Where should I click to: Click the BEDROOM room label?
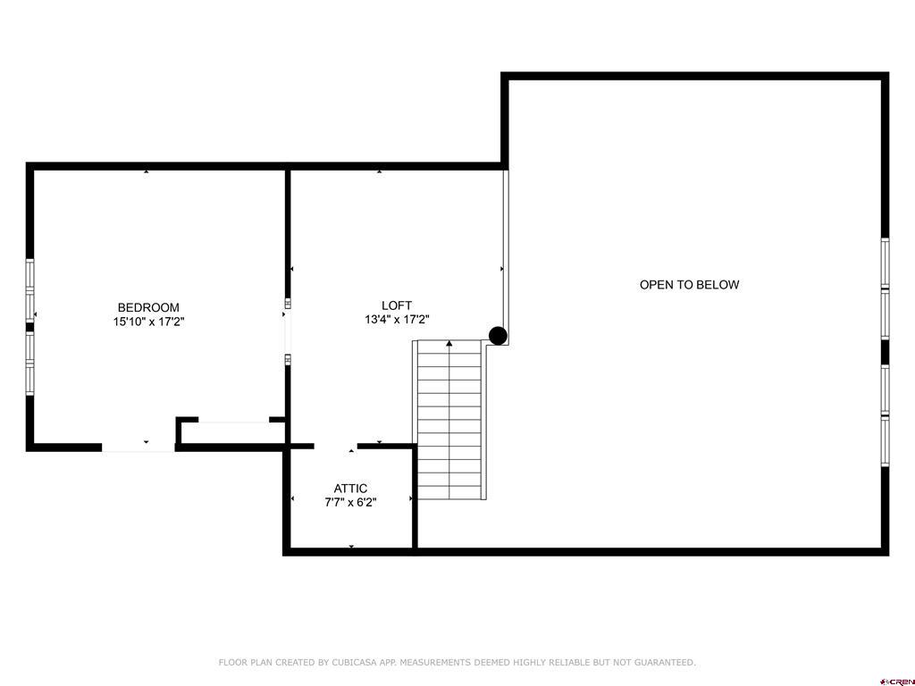coord(148,307)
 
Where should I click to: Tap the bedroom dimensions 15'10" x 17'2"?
coord(149,322)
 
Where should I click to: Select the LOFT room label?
coord(397,305)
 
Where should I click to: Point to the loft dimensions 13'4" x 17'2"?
coord(398,320)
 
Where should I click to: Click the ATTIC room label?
coord(350,489)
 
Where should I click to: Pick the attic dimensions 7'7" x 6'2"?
coord(350,502)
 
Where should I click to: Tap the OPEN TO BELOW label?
coord(689,285)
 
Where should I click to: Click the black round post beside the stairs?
coord(498,336)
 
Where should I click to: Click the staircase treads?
coord(449,420)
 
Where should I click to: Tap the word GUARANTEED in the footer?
coord(665,663)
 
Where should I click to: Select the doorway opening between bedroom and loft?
coord(287,331)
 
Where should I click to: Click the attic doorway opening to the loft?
coord(336,447)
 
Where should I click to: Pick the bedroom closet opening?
coord(234,420)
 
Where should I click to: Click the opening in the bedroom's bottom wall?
coord(139,448)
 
